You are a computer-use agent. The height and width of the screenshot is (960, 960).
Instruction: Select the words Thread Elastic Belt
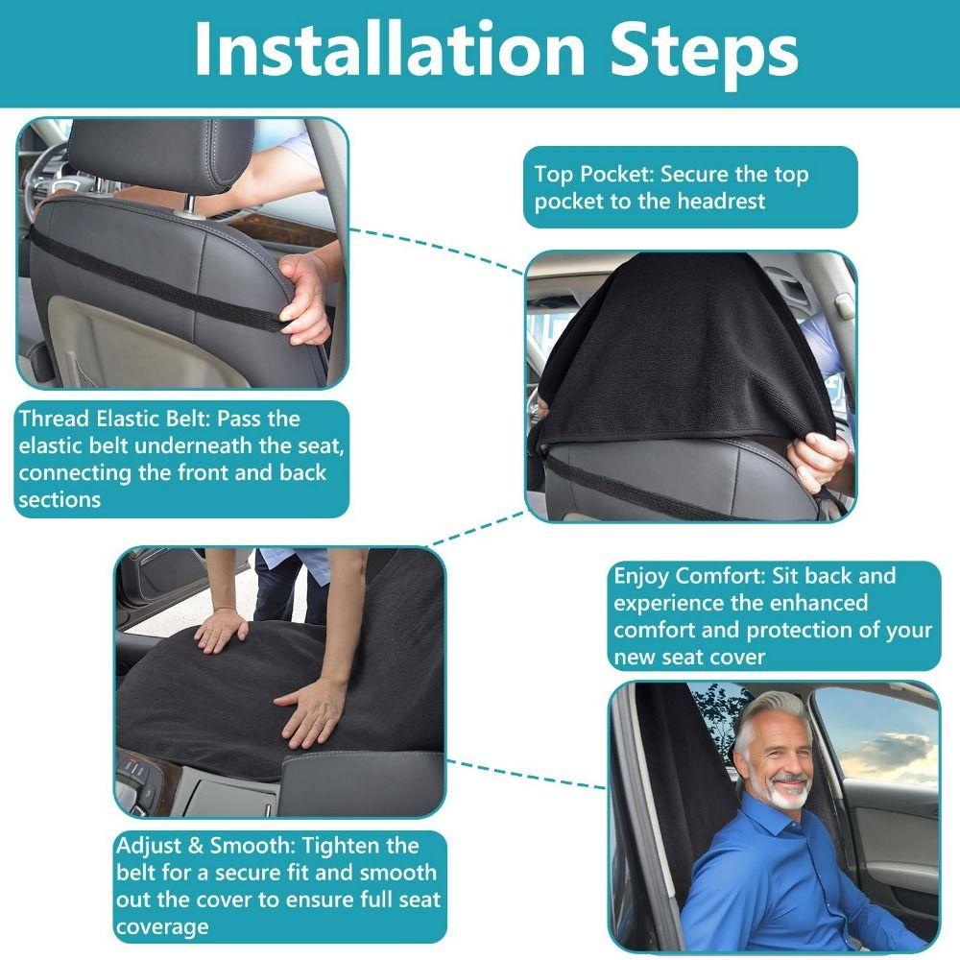(125, 419)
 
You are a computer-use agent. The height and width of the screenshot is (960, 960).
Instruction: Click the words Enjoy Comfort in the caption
(677, 576)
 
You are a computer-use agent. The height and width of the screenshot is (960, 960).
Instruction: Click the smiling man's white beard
(788, 791)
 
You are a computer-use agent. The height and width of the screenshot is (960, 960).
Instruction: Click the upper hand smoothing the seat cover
(221, 630)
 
